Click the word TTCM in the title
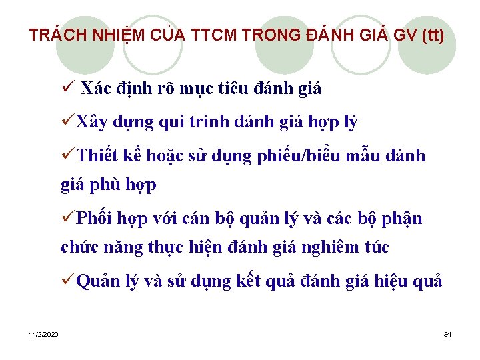pyautogui.click(x=209, y=35)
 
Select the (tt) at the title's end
pyautogui.click(x=432, y=35)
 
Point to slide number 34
pyautogui.click(x=447, y=333)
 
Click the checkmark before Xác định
pyautogui.click(x=66, y=88)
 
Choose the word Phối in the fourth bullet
pyautogui.click(x=95, y=219)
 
